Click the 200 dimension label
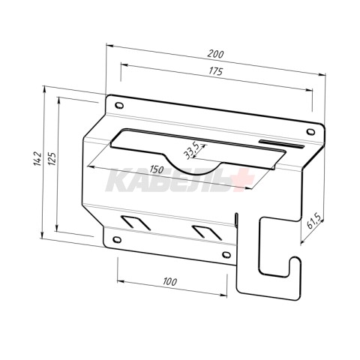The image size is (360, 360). pos(215,54)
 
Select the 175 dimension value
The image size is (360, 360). pos(215,71)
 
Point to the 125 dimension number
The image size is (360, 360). pos(52,158)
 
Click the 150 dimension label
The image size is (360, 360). pos(157,169)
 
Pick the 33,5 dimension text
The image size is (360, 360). pos(191,152)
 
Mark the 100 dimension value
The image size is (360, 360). pos(169,282)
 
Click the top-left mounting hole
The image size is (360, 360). pos(119,105)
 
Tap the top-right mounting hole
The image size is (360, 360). pos(310,131)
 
